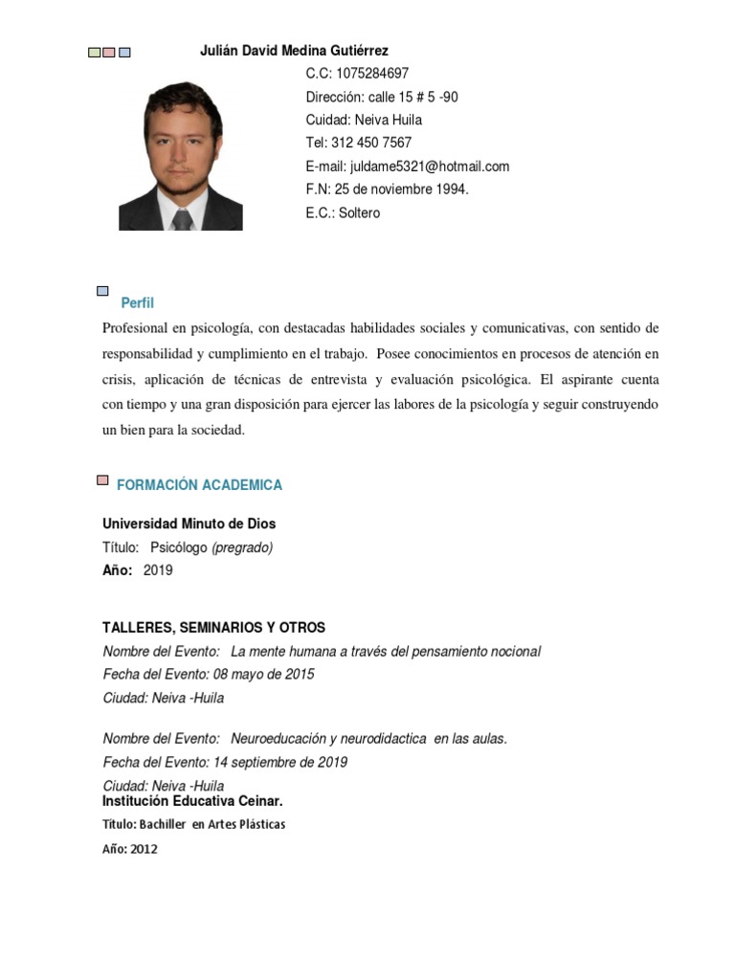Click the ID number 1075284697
click(x=372, y=74)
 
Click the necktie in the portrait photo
click(x=182, y=219)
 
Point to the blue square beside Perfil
click(x=103, y=289)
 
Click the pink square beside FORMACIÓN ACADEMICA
click(x=102, y=480)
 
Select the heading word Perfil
click(x=137, y=303)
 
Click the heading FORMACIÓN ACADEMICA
click(x=199, y=485)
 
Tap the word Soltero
click(x=356, y=212)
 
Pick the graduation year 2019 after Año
click(x=158, y=570)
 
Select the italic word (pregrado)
click(x=242, y=547)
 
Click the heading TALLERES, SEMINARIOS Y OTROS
click(x=213, y=628)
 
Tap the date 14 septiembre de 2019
click(x=280, y=763)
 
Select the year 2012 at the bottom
click(x=144, y=849)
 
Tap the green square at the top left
click(x=94, y=53)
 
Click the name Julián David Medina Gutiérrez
click(x=294, y=51)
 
